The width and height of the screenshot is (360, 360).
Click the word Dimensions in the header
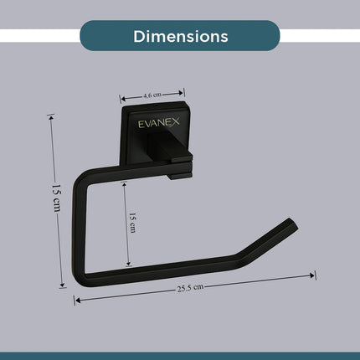point(180,37)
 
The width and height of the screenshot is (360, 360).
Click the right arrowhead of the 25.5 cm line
point(313,274)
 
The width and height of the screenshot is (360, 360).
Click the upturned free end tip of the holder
point(292,224)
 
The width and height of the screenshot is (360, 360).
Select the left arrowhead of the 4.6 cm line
point(121,98)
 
